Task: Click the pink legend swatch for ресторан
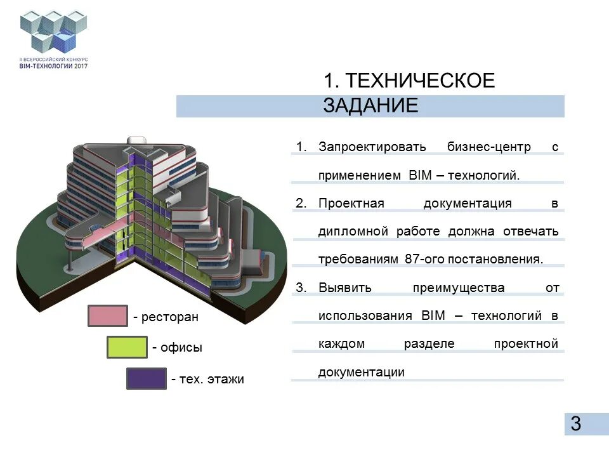click(x=108, y=316)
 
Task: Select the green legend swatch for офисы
click(x=127, y=347)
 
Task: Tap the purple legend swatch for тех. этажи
click(x=146, y=379)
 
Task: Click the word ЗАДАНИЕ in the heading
click(x=370, y=105)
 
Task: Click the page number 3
click(x=575, y=424)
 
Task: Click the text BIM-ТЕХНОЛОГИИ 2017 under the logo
click(x=53, y=65)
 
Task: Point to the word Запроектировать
click(x=372, y=147)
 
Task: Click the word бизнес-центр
click(x=490, y=147)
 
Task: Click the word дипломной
click(x=353, y=231)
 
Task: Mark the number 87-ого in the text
click(x=423, y=260)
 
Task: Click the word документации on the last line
click(x=361, y=372)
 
